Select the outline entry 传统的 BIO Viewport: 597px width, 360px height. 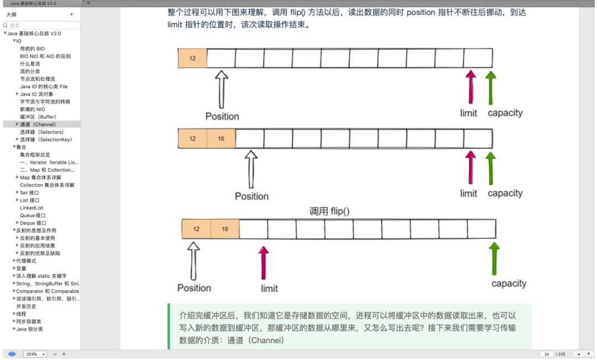(33, 49)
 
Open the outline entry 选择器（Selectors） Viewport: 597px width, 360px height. (41, 132)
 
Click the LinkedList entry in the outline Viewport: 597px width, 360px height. (32, 208)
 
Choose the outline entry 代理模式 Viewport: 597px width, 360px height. (26, 261)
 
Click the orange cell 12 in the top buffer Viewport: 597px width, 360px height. (192, 58)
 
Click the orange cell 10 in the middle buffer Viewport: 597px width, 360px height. (221, 138)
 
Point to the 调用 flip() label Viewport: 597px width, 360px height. (329, 211)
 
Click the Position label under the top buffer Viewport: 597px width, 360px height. (222, 116)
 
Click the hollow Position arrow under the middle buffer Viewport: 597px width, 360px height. (252, 169)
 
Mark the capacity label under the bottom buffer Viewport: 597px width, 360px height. (509, 284)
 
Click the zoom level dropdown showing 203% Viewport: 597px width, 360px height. (35, 354)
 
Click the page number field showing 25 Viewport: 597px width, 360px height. (546, 354)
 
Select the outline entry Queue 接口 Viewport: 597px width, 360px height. (33, 216)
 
